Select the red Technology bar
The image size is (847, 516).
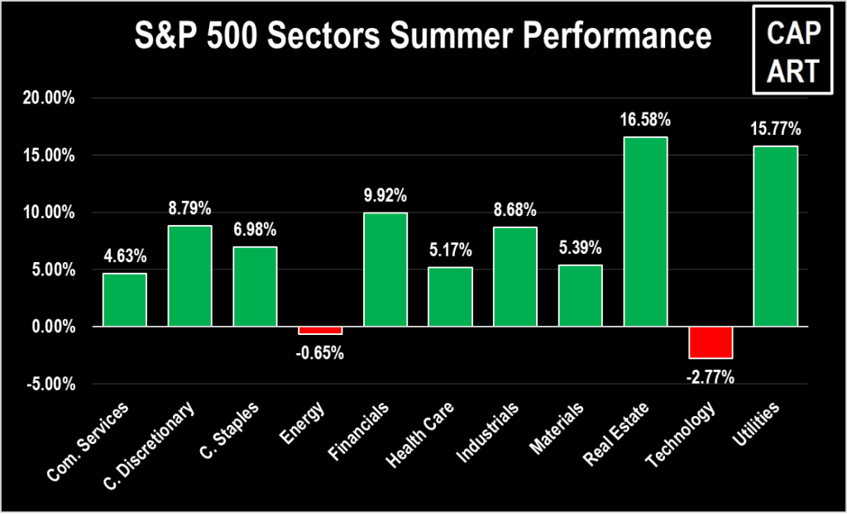(x=711, y=342)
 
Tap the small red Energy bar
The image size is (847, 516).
(x=320, y=330)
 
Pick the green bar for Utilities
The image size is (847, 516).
(x=775, y=236)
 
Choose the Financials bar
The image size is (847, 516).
(x=385, y=270)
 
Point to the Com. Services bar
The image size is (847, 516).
(x=125, y=300)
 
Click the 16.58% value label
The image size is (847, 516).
(x=645, y=121)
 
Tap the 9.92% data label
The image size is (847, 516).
(x=385, y=197)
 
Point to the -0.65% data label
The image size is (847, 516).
(x=320, y=354)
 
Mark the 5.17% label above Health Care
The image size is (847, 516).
(x=450, y=251)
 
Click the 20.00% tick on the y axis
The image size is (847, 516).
(x=49, y=98)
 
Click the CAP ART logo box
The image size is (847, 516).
(x=792, y=51)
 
